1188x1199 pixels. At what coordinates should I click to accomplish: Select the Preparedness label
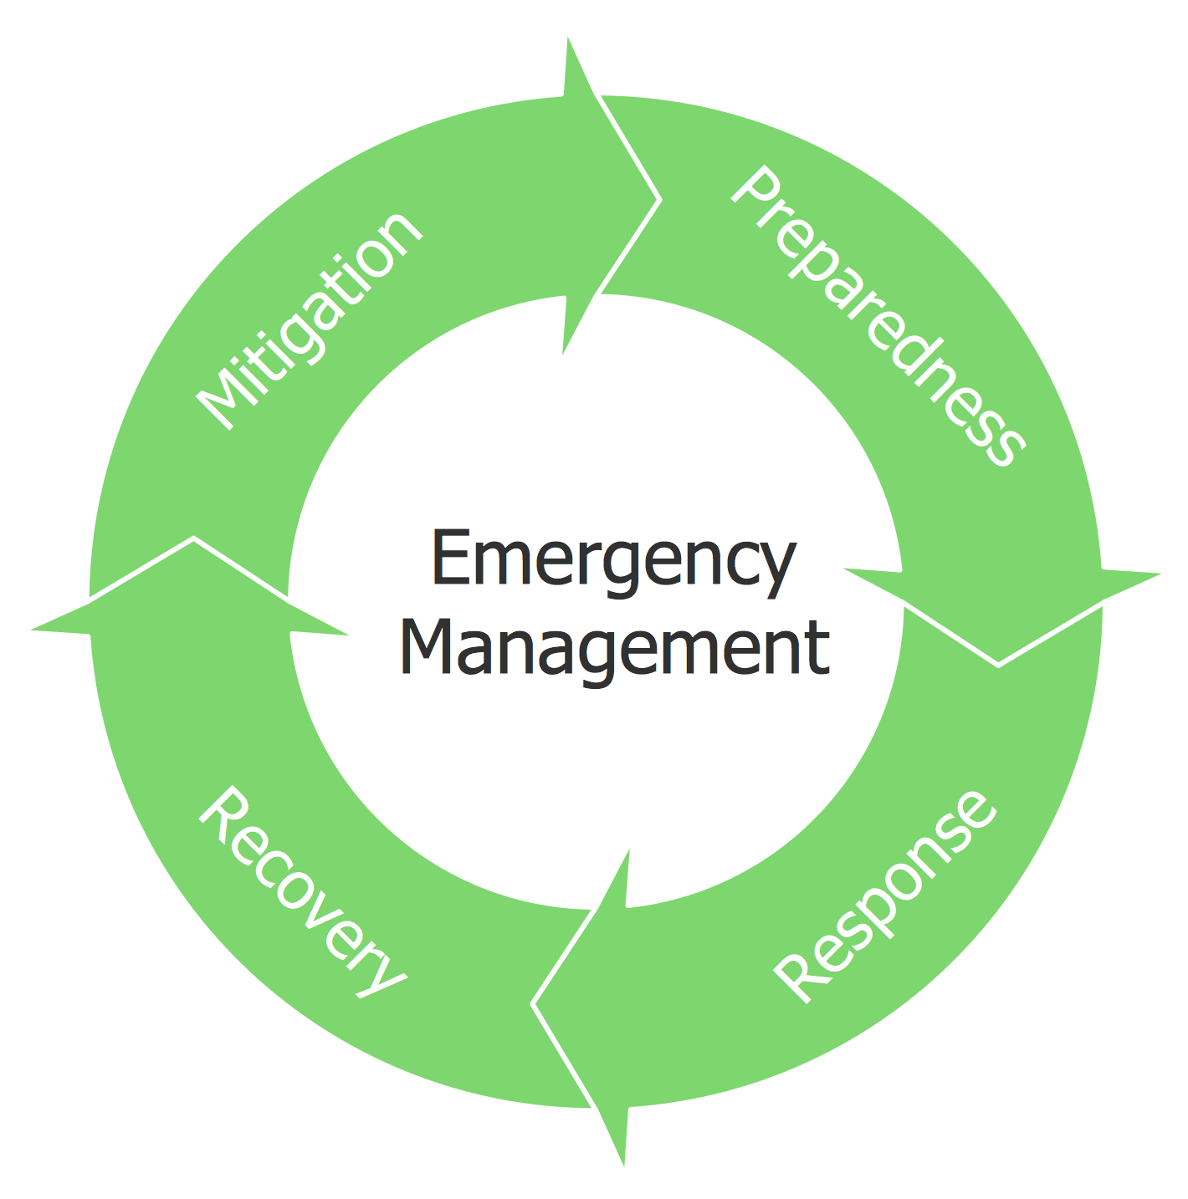[877, 316]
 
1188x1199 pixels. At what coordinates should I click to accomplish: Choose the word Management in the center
[615, 648]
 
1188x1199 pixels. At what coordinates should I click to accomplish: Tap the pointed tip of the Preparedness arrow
[998, 665]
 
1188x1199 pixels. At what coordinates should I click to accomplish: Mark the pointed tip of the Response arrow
[533, 1003]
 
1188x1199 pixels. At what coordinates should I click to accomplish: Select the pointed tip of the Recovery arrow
[194, 538]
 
